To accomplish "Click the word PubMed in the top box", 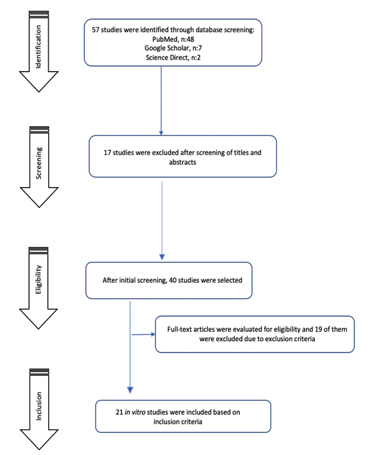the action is click(165, 39).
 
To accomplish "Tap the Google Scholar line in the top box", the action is click(173, 48).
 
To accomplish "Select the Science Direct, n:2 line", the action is click(173, 57).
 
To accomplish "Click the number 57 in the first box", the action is click(96, 30).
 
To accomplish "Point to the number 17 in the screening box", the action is click(107, 152).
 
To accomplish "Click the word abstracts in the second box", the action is click(183, 162).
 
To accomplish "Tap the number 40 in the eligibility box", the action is click(173, 280).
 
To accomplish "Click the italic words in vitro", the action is click(135, 412).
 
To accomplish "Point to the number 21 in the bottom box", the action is click(120, 412).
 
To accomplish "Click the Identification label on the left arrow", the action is click(38, 47).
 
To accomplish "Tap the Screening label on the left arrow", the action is click(38, 163).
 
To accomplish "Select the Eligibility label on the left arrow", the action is click(38, 280).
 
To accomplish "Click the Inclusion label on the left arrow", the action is click(39, 406).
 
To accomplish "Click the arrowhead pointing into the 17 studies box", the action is click(161, 133).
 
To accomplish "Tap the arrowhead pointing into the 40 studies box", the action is click(162, 257).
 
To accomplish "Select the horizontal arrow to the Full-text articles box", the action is click(144, 334).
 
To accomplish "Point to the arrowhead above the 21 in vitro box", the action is click(130, 390).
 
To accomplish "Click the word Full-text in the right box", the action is click(179, 329).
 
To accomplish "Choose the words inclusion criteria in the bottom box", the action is click(178, 422).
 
